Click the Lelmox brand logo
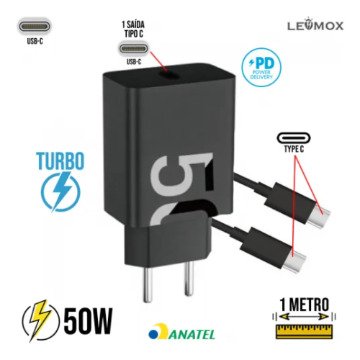(x=315, y=26)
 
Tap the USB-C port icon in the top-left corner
(x=35, y=26)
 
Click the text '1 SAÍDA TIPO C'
(x=133, y=29)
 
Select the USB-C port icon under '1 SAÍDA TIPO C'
(x=134, y=49)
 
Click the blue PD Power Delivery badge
(x=261, y=67)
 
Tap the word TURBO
(x=60, y=161)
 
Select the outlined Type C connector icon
(x=294, y=138)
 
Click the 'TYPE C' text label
(x=294, y=149)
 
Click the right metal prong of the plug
(x=189, y=279)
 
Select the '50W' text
(x=88, y=321)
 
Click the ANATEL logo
(x=181, y=333)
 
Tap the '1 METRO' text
(x=305, y=305)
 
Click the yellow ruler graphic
(x=305, y=332)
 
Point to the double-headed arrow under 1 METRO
(x=305, y=317)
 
